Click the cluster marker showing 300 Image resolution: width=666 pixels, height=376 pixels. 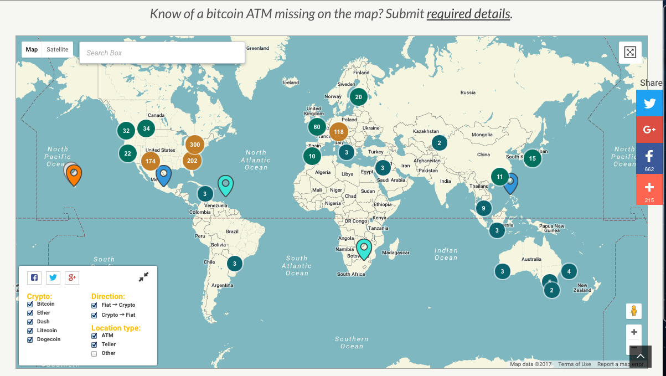pyautogui.click(x=194, y=145)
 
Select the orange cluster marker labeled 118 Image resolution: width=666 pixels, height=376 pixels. pyautogui.click(x=339, y=132)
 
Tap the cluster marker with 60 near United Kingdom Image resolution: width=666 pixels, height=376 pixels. pyautogui.click(x=317, y=127)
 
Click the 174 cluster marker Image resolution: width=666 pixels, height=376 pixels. pyautogui.click(x=150, y=161)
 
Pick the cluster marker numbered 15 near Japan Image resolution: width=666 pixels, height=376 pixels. pyautogui.click(x=532, y=158)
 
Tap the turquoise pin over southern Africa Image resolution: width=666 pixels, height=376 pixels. pyautogui.click(x=364, y=248)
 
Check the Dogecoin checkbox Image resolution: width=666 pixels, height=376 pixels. pyautogui.click(x=30, y=339)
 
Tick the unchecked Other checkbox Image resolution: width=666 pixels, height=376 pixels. pyautogui.click(x=94, y=353)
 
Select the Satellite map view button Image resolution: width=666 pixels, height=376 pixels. pyautogui.click(x=58, y=50)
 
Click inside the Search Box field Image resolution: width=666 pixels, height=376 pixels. pyautogui.click(x=162, y=53)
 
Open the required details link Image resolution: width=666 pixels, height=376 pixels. pyautogui.click(x=468, y=14)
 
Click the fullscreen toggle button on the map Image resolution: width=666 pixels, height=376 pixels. pyautogui.click(x=630, y=53)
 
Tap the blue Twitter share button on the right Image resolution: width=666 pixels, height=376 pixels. pyautogui.click(x=649, y=103)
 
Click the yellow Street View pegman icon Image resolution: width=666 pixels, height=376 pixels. pyautogui.click(x=634, y=311)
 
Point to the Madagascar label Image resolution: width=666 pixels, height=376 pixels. pyautogui.click(x=396, y=253)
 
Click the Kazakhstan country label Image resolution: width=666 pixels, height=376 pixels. pyautogui.click(x=426, y=131)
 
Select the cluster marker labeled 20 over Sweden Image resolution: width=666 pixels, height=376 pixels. pyautogui.click(x=358, y=97)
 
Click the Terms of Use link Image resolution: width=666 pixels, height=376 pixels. pyautogui.click(x=574, y=364)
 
